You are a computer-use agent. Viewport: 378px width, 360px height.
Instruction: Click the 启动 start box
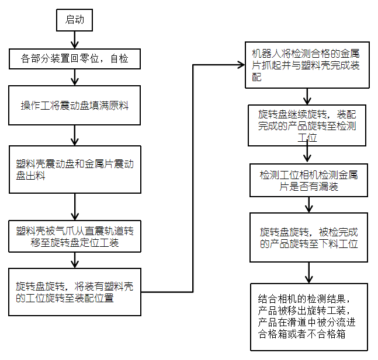point(74,20)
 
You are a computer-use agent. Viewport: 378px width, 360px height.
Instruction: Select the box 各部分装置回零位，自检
point(74,58)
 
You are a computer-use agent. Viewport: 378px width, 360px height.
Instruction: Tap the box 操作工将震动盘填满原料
point(75,106)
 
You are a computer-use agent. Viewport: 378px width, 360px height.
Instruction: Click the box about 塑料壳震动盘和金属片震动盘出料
point(75,169)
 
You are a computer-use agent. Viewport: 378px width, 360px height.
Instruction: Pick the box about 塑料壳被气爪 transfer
point(75,236)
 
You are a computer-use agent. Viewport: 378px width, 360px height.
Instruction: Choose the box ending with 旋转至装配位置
point(75,292)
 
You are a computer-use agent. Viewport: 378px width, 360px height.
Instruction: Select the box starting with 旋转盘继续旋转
point(307,125)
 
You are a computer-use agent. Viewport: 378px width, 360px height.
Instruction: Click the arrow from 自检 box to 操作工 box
point(74,77)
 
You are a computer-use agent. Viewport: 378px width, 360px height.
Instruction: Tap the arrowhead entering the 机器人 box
point(241,64)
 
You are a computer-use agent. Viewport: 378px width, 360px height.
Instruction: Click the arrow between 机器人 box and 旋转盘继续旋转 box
point(307,96)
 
